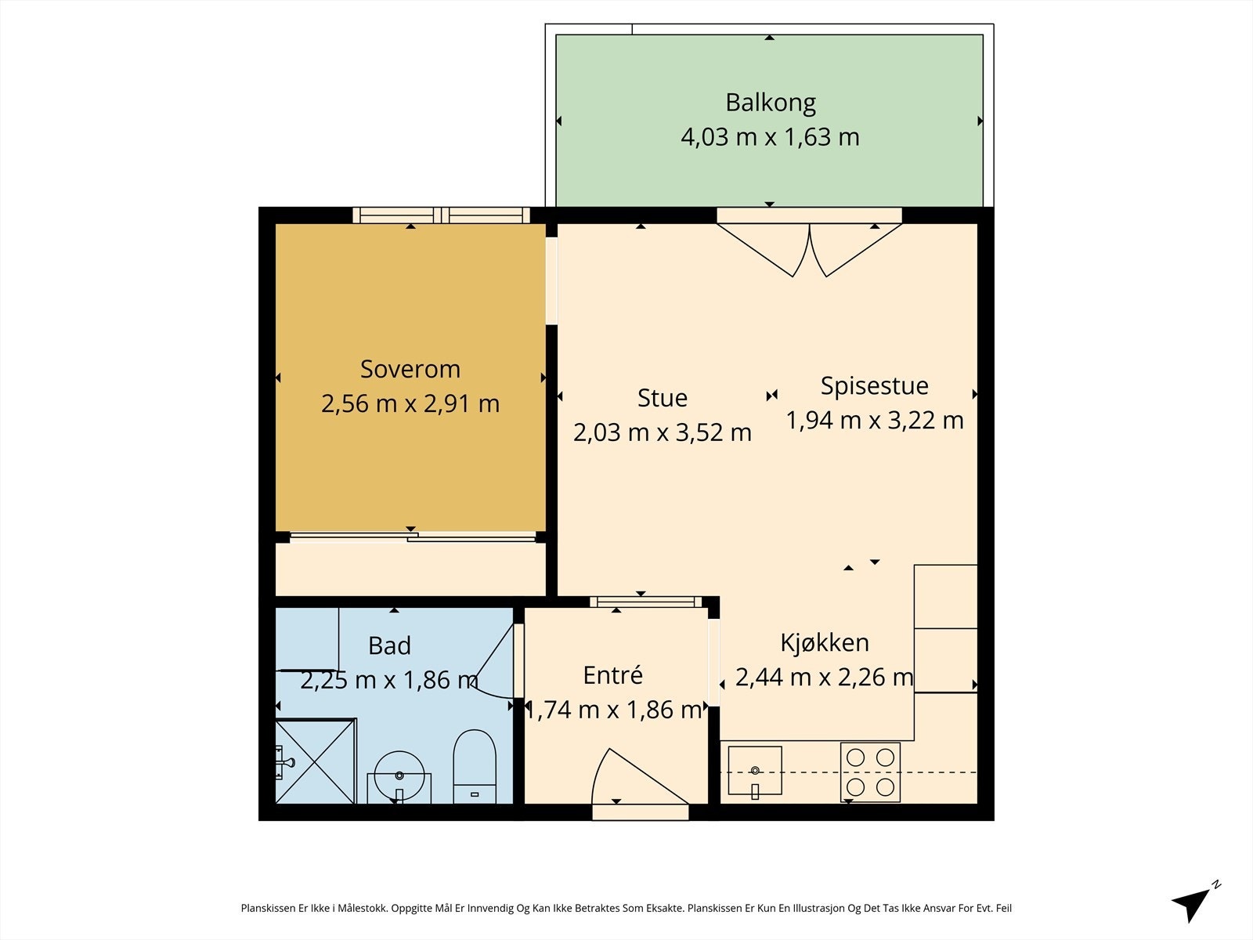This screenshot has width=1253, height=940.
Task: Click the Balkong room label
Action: [770, 103]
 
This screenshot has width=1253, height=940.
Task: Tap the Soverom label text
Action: [410, 369]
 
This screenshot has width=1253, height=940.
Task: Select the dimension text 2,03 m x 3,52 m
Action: [663, 432]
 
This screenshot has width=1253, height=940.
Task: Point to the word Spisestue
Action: [874, 386]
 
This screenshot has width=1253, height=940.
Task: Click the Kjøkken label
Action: [825, 643]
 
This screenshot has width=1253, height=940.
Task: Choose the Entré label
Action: [612, 675]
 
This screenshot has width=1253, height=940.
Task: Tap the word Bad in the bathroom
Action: [389, 646]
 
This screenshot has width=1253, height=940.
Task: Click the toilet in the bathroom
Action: [475, 767]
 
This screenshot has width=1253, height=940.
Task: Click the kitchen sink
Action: [755, 771]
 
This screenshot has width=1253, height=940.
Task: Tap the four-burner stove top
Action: [870, 772]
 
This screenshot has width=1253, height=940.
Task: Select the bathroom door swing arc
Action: [492, 662]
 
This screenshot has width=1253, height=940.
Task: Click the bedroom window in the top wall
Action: [441, 215]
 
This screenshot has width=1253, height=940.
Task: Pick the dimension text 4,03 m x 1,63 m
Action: [770, 138]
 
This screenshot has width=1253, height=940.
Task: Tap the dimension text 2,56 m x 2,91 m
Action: [410, 404]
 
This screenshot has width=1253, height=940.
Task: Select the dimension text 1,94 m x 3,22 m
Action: [875, 421]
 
